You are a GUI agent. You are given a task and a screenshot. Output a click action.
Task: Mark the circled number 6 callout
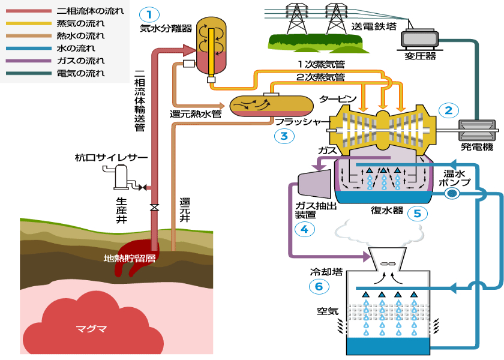pos(319,286)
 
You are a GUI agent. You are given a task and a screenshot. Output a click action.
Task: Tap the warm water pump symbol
pos(452,193)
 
